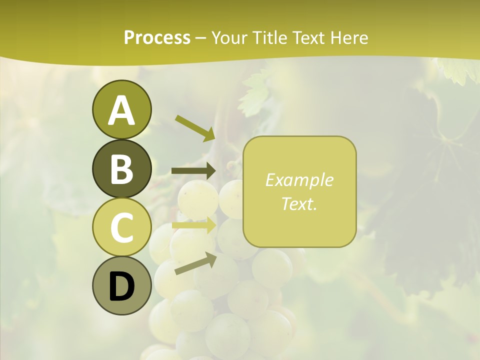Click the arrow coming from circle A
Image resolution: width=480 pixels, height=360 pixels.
(x=195, y=128)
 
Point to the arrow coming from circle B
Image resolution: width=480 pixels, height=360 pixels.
(x=193, y=171)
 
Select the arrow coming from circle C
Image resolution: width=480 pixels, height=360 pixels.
(x=194, y=225)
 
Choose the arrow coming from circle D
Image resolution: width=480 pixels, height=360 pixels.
(x=195, y=264)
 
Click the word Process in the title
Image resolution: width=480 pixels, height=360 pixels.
(x=157, y=37)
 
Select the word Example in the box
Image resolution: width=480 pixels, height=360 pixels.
(x=299, y=180)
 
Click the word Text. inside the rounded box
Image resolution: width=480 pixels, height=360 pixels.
(x=299, y=203)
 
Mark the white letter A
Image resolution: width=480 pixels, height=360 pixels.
(x=121, y=111)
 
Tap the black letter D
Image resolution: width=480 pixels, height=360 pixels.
(x=121, y=286)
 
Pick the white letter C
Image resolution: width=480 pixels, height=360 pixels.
(x=121, y=227)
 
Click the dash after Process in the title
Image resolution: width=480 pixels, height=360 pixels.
(x=201, y=38)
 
